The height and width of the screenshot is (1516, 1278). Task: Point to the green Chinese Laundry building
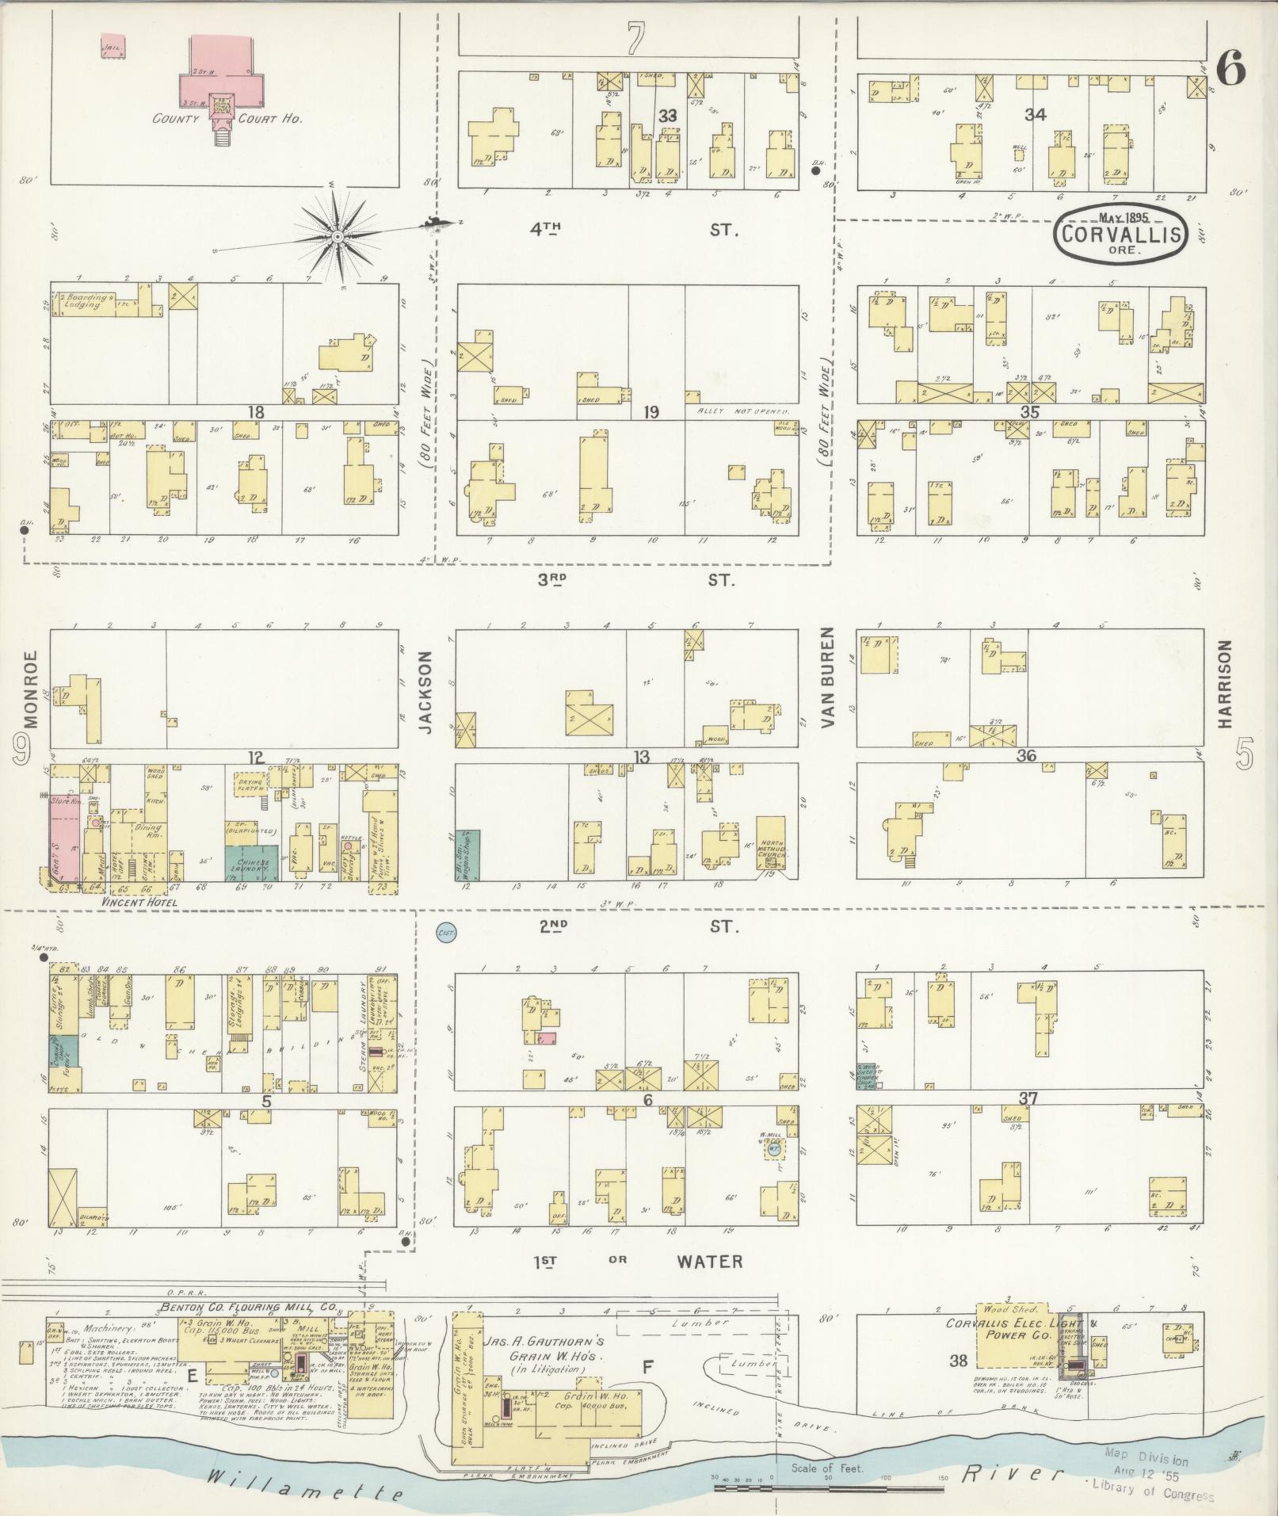(251, 862)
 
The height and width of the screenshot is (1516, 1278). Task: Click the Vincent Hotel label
(139, 903)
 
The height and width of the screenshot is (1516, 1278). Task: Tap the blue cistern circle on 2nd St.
(446, 934)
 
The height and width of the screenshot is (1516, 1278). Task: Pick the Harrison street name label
(1225, 684)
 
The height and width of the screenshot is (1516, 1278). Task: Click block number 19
(651, 412)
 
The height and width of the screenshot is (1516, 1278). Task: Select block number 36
(1026, 755)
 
